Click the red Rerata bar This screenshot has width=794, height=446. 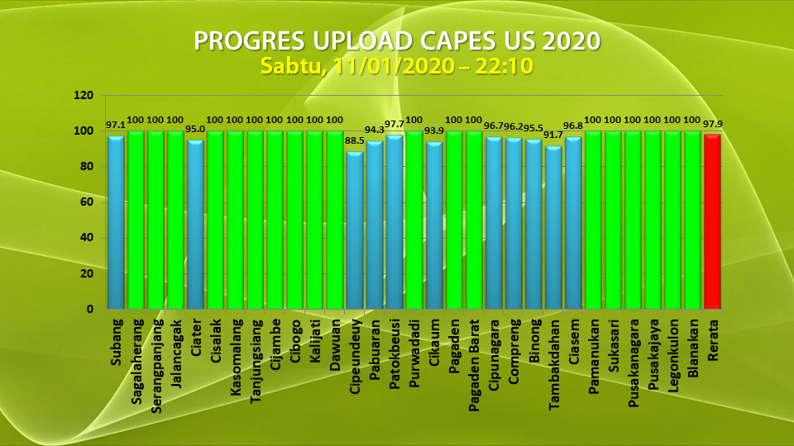(711, 221)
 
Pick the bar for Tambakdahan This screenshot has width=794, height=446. (552, 227)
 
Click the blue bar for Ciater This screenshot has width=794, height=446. (195, 225)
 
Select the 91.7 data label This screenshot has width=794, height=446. (553, 135)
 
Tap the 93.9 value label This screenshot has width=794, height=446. (434, 130)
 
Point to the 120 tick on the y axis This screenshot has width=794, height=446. (83, 96)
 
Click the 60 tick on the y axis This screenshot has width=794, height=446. (86, 202)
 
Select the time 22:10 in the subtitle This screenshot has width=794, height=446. (501, 67)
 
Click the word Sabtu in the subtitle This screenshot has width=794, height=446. (286, 67)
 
